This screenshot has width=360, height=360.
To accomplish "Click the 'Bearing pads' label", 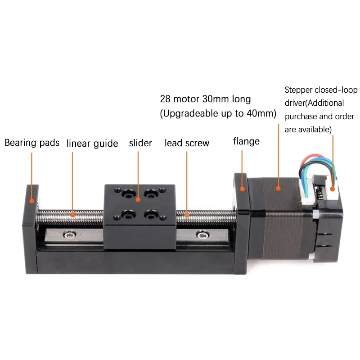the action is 32,143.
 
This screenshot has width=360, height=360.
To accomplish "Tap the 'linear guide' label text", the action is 92,144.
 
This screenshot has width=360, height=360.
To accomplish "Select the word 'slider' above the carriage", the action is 140,143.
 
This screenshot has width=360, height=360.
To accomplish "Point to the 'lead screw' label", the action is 187,143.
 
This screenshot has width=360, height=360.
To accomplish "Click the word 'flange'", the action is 246,141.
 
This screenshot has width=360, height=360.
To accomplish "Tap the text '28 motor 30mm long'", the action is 205,99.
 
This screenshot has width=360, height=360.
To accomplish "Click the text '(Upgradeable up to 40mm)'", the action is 218,113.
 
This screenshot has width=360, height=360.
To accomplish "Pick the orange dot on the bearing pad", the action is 31,201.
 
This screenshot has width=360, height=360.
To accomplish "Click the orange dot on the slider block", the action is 138,199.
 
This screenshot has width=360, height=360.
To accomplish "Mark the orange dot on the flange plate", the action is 242,189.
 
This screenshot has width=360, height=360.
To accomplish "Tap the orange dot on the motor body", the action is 278,189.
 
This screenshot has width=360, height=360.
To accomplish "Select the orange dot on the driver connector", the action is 333,189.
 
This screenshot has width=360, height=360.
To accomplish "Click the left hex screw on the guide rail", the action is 70,234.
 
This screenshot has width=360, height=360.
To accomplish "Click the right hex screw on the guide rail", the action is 203,234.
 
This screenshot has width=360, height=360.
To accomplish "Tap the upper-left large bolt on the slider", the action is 129,194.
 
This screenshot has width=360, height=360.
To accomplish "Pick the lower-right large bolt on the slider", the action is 151,215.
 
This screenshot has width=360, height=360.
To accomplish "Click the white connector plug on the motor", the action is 307,192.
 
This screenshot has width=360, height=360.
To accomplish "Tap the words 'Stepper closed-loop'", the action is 321,90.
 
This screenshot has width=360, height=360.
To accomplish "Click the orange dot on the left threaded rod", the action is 73,215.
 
